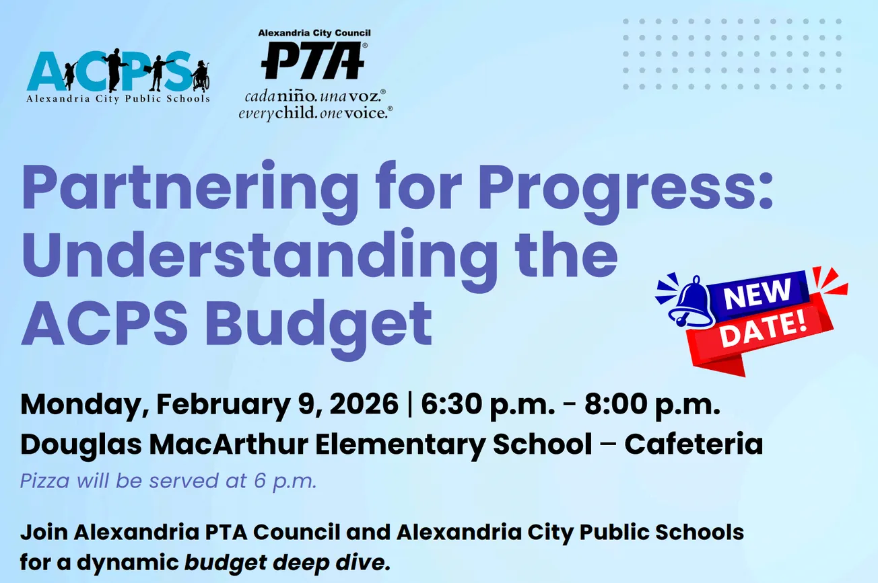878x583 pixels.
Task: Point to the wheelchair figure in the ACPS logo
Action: (x=200, y=75)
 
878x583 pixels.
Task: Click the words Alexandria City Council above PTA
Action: (x=314, y=33)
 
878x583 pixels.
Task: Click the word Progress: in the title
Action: (x=638, y=189)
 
